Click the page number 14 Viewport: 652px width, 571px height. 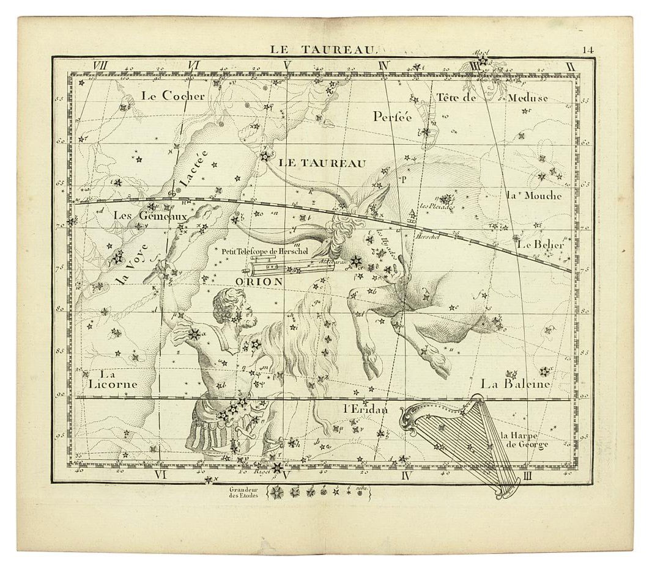pos(588,50)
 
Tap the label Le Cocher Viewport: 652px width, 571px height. pos(172,96)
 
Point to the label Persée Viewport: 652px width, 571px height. pos(393,116)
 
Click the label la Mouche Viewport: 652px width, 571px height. pos(533,196)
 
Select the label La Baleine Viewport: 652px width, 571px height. pos(515,384)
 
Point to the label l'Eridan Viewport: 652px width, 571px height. pos(365,410)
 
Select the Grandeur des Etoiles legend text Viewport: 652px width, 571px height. pos(244,492)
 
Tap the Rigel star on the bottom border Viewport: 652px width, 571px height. pos(278,468)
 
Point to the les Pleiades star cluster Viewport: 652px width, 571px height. pos(447,200)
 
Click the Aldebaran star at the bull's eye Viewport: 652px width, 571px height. pos(356,261)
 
